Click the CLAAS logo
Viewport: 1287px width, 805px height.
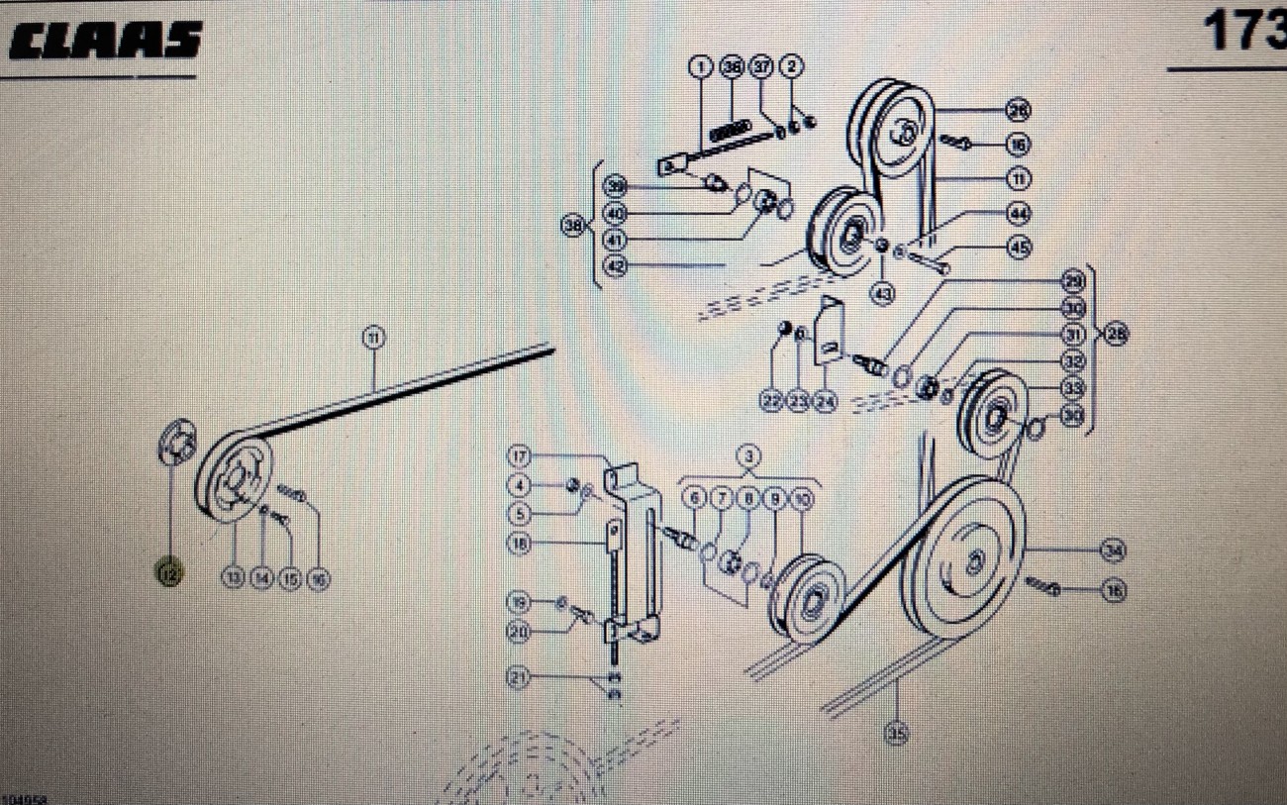pyautogui.click(x=104, y=41)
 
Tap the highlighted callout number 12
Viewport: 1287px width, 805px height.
pyautogui.click(x=169, y=572)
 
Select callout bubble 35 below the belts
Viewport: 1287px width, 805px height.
pyautogui.click(x=897, y=733)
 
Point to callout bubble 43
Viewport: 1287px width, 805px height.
pyautogui.click(x=881, y=293)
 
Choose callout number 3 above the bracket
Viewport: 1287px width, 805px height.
pyautogui.click(x=750, y=457)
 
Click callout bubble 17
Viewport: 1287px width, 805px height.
pyautogui.click(x=521, y=456)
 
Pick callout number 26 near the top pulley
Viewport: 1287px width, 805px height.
pyautogui.click(x=1018, y=110)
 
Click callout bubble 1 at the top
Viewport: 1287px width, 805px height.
pyautogui.click(x=701, y=67)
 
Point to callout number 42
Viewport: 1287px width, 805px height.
pyautogui.click(x=616, y=266)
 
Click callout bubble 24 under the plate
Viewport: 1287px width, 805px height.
pyautogui.click(x=826, y=401)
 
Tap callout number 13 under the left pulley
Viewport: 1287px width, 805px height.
pyautogui.click(x=233, y=578)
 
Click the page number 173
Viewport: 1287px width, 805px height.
pyautogui.click(x=1243, y=33)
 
